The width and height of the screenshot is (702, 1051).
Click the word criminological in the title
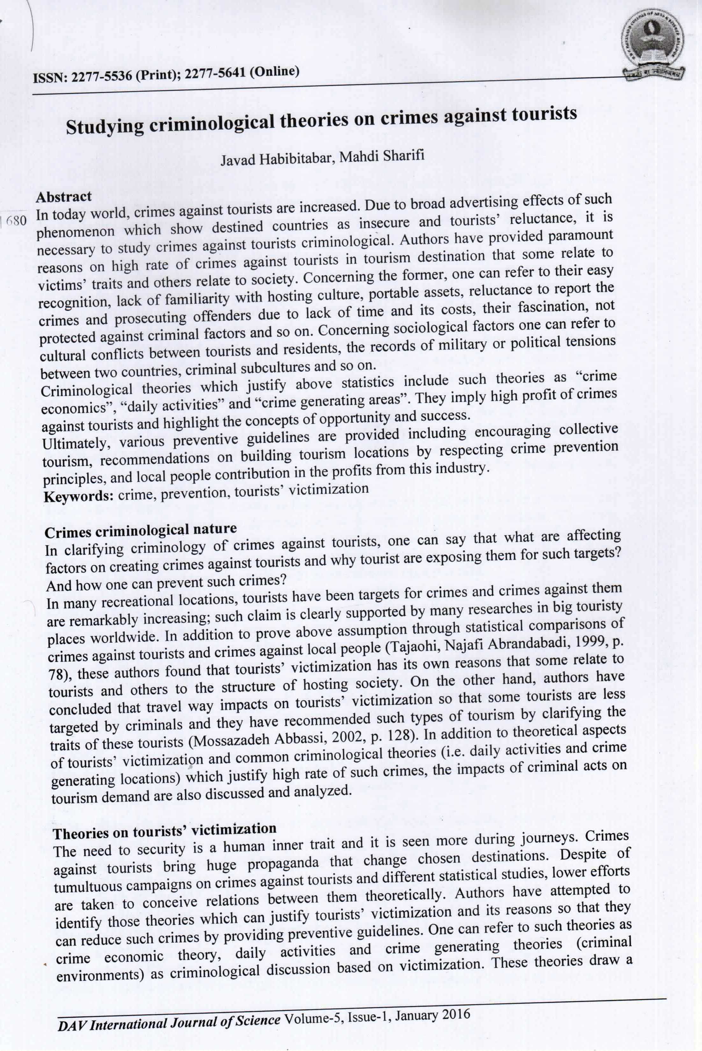point(211,123)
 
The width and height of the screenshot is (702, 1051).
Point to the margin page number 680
point(17,221)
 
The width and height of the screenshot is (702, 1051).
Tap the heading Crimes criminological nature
point(141,531)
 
